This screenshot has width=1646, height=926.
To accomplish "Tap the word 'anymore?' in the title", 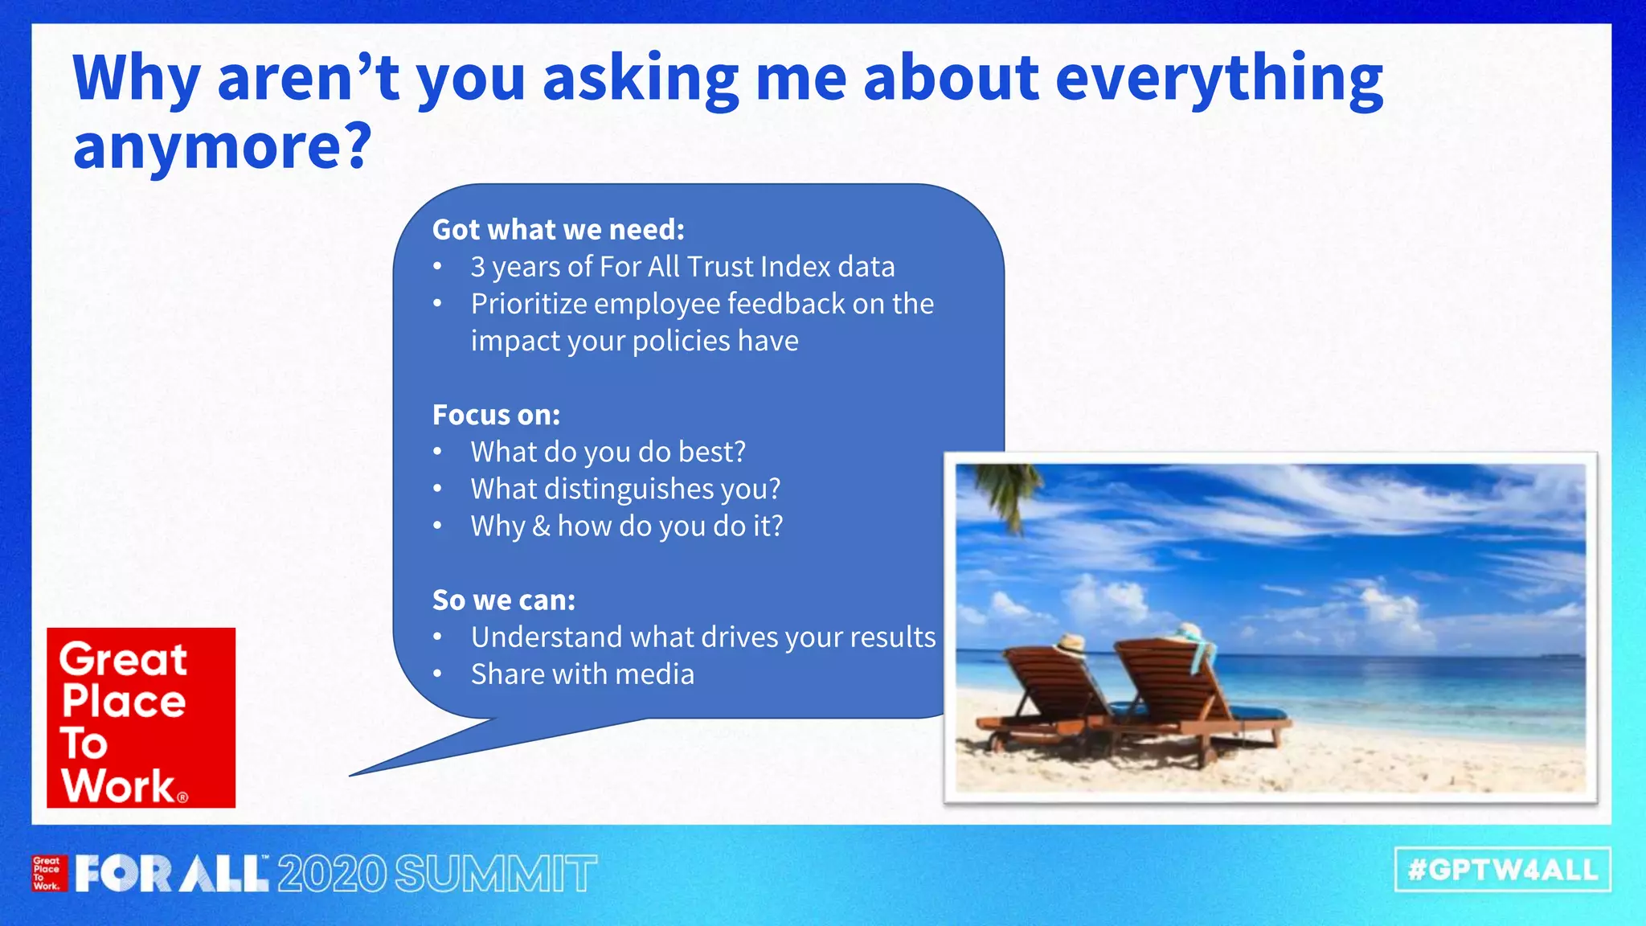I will pyautogui.click(x=223, y=147).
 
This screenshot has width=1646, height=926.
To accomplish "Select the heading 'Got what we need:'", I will pyautogui.click(x=559, y=230).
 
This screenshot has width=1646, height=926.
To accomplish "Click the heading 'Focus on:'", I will pyautogui.click(x=496, y=415).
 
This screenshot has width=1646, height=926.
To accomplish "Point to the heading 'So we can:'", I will pyautogui.click(x=504, y=600).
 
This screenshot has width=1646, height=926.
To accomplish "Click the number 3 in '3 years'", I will pyautogui.click(x=478, y=267).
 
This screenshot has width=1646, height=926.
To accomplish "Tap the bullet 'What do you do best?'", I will pyautogui.click(x=608, y=452).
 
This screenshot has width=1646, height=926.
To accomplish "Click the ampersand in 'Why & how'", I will pyautogui.click(x=541, y=527).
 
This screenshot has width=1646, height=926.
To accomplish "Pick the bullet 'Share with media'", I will pyautogui.click(x=582, y=674).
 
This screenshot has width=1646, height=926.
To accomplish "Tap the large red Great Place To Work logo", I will pyautogui.click(x=141, y=718).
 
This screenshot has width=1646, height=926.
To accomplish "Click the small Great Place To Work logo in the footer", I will pyautogui.click(x=47, y=874).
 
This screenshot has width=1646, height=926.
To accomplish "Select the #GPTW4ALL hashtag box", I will pyautogui.click(x=1502, y=870).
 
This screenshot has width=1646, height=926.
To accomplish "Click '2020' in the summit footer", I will pyautogui.click(x=332, y=875).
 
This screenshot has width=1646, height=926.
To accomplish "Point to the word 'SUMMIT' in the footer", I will pyautogui.click(x=495, y=875).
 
